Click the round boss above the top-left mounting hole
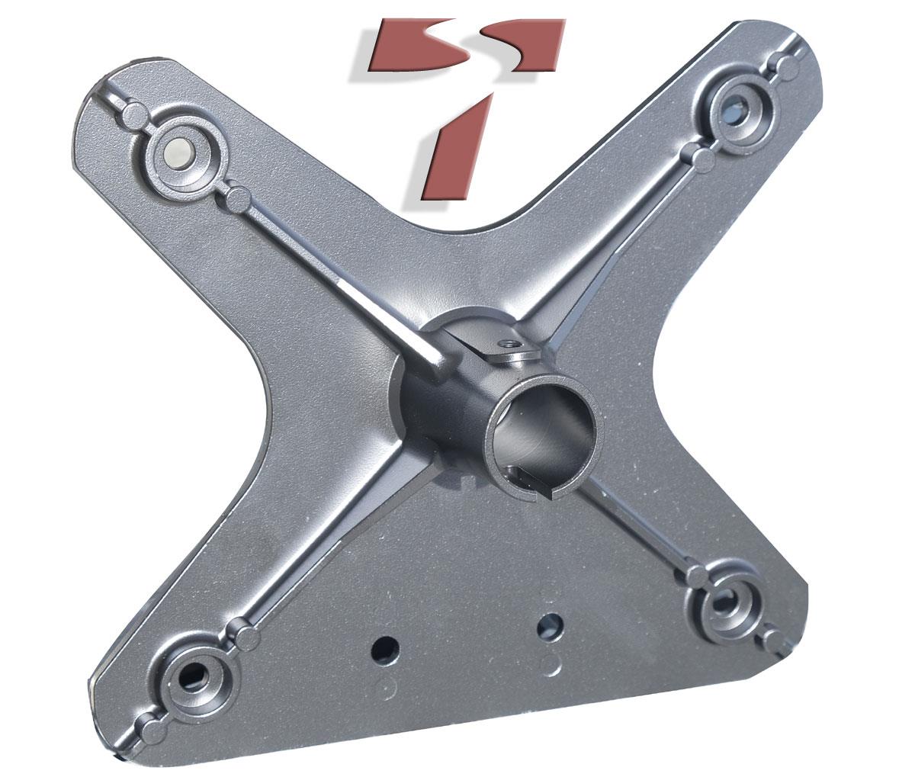(x=134, y=116)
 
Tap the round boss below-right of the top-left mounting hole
(x=237, y=198)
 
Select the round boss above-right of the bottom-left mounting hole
(x=246, y=635)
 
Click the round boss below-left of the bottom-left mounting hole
(x=148, y=721)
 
